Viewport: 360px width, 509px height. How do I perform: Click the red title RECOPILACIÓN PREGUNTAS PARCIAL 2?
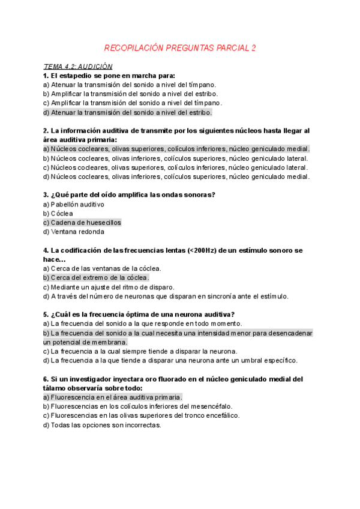click(180, 47)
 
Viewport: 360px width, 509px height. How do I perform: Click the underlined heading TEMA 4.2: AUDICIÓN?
click(78, 67)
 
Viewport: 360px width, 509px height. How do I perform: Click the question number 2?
click(46, 130)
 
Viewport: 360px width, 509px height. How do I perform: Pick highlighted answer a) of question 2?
click(176, 149)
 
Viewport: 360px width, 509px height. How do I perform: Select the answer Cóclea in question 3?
click(62, 213)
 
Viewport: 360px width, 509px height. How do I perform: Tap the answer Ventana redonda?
click(77, 232)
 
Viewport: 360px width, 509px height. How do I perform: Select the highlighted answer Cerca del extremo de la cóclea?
click(100, 278)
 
